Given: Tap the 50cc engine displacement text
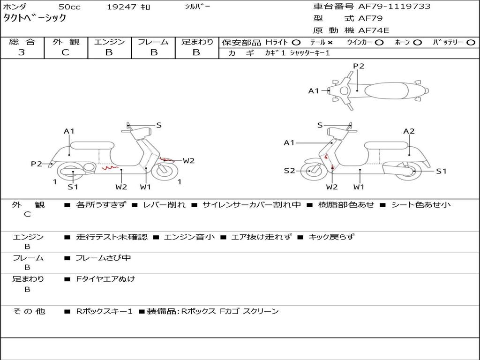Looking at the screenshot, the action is (68, 7).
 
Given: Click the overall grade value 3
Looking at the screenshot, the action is (22, 52).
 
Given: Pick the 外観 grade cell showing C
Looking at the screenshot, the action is (65, 52).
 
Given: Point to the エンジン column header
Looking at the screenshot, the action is (109, 42).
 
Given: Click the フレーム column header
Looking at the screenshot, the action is (153, 42).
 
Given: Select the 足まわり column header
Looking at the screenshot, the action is (197, 42).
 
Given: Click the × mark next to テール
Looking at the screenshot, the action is (330, 42).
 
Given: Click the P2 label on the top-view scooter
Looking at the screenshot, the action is (359, 66).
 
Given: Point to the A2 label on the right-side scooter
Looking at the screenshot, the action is (409, 131).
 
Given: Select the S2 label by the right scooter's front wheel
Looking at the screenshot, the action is (289, 171).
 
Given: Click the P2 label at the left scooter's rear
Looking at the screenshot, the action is (37, 164).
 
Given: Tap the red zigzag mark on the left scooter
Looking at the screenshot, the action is (111, 166).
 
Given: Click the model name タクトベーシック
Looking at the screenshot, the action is (35, 18).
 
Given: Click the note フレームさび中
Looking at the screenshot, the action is (104, 258).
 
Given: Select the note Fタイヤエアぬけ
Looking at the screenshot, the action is (105, 279).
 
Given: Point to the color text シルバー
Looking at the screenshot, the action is (198, 7).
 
